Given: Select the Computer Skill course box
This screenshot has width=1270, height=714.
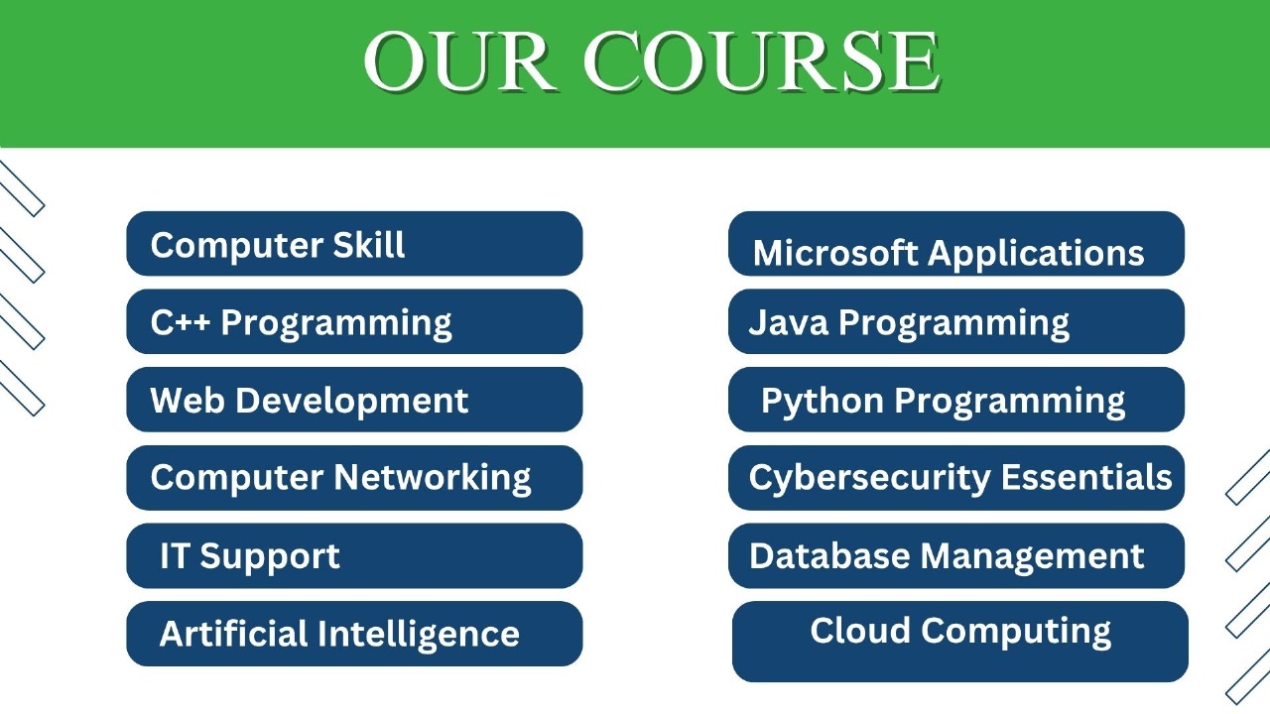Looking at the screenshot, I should (354, 244).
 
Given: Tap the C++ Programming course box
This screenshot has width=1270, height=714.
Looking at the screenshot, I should (354, 322).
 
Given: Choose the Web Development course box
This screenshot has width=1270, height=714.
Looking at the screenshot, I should (354, 400).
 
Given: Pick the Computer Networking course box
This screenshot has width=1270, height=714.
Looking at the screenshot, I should (354, 478).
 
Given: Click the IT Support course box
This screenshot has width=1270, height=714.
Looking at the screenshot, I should (354, 555).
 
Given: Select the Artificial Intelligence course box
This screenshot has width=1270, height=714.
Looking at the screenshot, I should (354, 634).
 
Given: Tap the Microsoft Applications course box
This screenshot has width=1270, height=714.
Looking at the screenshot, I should (956, 244).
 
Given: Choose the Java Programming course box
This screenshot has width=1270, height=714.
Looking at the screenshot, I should (956, 322).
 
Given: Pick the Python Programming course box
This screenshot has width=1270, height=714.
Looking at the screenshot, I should (956, 400).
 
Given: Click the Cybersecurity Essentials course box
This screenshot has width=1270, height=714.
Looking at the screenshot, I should (956, 478).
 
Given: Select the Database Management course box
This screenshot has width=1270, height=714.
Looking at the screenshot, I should (956, 555).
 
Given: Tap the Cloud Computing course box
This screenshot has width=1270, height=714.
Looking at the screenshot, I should (960, 642).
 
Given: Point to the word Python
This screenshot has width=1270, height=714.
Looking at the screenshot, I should (822, 402).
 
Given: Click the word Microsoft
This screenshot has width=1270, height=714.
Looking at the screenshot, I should (835, 254).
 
